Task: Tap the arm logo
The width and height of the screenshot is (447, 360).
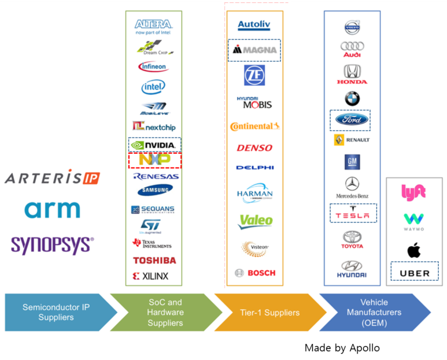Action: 52,209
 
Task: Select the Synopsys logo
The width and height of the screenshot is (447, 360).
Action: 52,244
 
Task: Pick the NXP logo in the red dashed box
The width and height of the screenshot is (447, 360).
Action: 154,159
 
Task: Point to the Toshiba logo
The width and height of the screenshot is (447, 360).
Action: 154,260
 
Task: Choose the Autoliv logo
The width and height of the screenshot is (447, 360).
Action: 254,26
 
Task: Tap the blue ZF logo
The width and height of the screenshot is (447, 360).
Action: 254,76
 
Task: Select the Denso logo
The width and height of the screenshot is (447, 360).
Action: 254,147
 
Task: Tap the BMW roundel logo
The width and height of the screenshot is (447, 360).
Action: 352,99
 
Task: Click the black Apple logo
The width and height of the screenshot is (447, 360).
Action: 413,250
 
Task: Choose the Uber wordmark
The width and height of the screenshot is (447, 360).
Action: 415,273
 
